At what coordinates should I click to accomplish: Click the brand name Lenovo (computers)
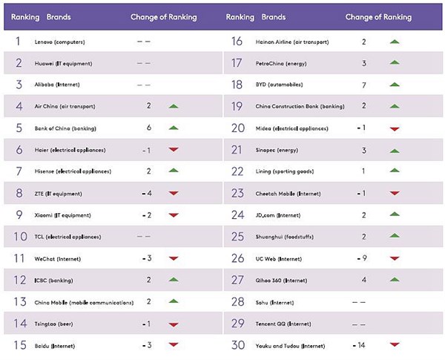[59, 42]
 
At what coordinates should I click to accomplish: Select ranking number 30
[238, 345]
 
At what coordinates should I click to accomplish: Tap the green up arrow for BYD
[395, 85]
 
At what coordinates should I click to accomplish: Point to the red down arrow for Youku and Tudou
[395, 345]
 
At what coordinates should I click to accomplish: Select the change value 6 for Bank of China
[149, 128]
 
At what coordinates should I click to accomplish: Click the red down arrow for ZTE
[174, 194]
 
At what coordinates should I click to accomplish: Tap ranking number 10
[19, 237]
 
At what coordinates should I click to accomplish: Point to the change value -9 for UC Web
[362, 258]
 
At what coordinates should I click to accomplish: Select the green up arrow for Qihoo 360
[395, 280]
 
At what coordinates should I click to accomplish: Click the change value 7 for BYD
[364, 85]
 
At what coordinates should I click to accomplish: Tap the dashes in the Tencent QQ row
[358, 324]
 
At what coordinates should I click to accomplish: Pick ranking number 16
[238, 42]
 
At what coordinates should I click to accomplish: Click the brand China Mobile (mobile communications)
[84, 302]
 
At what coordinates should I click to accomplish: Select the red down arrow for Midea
[395, 128]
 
